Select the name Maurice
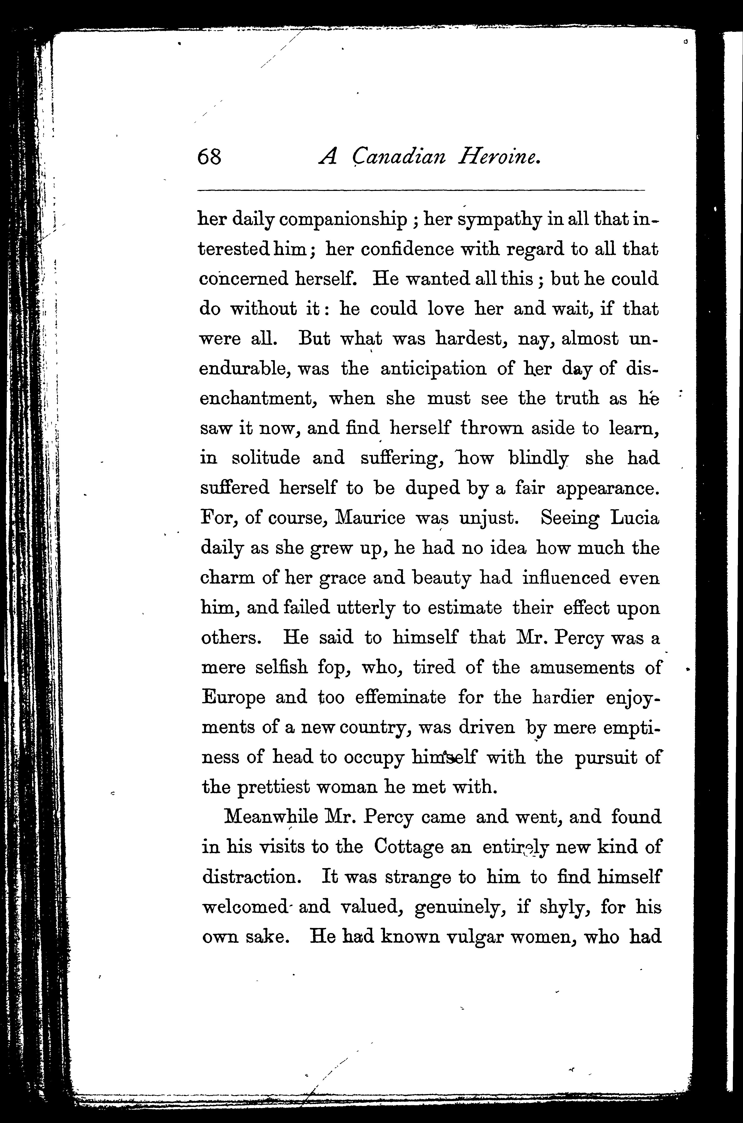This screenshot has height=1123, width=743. click(370, 518)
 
